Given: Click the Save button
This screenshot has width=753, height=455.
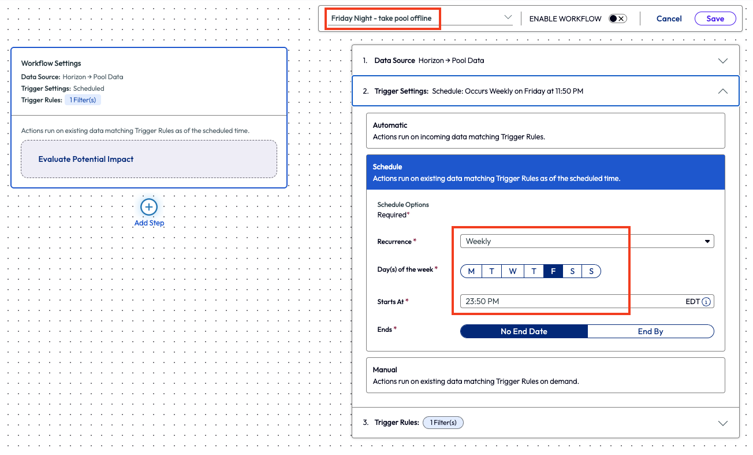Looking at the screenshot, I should [x=715, y=19].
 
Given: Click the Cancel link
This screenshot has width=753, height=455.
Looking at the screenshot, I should [x=669, y=19].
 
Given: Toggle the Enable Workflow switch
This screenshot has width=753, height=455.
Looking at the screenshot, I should [x=617, y=19].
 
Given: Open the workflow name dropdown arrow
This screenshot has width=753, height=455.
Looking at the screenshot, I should [x=508, y=17].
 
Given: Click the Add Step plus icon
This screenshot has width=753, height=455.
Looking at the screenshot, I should [x=149, y=207].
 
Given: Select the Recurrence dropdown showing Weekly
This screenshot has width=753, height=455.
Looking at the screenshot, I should [x=587, y=241].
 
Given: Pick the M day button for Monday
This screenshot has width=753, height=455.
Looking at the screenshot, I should [x=471, y=271].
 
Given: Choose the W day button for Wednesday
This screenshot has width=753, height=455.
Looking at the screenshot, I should [x=512, y=271].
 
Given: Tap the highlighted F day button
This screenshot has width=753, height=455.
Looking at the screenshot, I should [x=553, y=271].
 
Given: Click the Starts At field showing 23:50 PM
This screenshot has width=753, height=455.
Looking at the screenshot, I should [x=572, y=301].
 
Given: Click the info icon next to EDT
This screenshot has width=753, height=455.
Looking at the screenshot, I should [x=706, y=301].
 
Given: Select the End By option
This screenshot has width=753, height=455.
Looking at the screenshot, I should [x=650, y=331].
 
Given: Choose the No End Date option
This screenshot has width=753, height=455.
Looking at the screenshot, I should [x=524, y=331].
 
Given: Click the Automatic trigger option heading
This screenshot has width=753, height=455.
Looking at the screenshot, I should [x=390, y=125].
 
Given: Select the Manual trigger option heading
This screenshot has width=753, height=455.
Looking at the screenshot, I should [x=385, y=369].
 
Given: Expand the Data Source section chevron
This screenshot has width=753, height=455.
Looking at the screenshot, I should [x=722, y=61].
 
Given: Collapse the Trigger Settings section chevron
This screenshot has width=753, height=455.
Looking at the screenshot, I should [x=722, y=91].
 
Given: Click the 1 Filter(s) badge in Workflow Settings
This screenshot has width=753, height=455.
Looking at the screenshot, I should [x=83, y=100].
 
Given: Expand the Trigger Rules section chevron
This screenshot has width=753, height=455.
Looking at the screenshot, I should [x=722, y=423].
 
